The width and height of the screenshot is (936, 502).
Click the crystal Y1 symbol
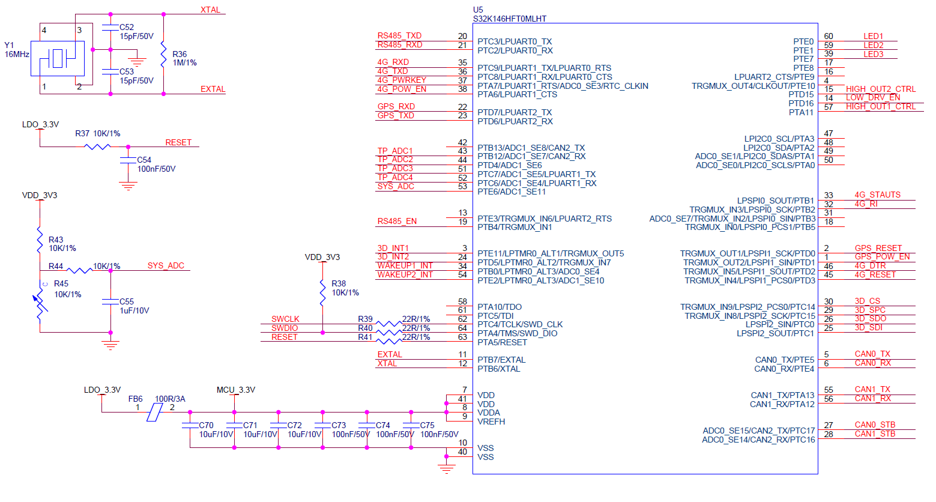58,58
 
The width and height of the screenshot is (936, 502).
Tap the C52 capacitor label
127,27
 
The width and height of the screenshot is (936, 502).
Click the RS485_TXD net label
399,36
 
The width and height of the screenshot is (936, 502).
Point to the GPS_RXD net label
396,107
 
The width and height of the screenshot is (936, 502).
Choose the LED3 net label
873,54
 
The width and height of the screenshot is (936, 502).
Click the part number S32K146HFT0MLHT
509,19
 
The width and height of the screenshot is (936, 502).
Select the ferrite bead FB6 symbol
155,412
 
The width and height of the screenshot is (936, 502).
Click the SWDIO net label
285,328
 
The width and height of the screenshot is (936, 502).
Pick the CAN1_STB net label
875,434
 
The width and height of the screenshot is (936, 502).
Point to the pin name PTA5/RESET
502,342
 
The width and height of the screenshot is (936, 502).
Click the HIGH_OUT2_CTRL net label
880,89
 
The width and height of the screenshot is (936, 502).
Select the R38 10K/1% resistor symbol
322,292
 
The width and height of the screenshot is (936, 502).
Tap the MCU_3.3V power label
235,390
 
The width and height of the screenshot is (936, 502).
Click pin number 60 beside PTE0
829,37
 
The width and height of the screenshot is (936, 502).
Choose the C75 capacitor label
427,425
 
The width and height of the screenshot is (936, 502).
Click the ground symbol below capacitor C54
128,187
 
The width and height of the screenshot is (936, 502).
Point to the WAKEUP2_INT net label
405,274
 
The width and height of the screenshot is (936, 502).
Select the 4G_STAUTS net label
877,195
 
